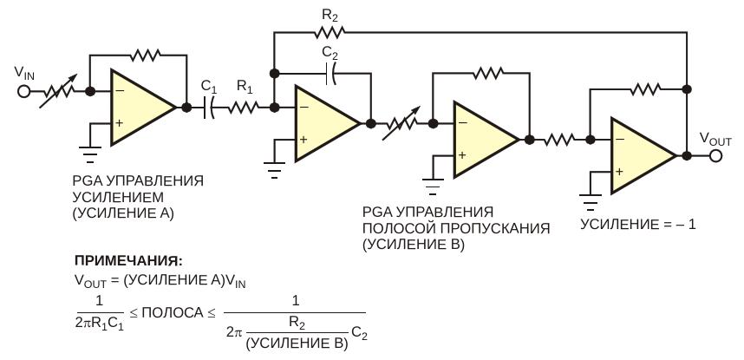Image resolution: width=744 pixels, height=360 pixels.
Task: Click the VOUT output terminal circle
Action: (715, 156)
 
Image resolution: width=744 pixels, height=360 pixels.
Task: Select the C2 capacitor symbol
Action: (329, 76)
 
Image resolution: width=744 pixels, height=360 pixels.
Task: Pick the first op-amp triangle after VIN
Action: (140, 107)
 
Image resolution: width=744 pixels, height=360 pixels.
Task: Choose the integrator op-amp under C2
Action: (325, 123)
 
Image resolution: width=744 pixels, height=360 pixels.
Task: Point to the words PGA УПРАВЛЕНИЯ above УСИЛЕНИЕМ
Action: (139, 181)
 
